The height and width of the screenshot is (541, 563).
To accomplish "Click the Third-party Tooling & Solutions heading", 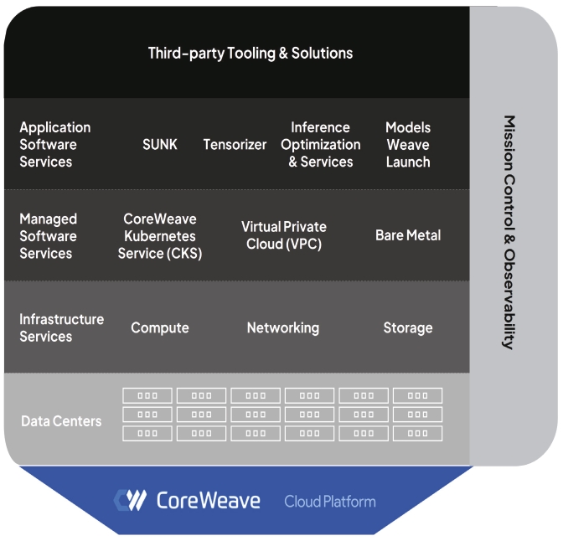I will click(251, 53).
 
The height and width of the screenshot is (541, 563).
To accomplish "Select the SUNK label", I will click(159, 144).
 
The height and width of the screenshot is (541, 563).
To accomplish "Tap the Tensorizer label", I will click(235, 144).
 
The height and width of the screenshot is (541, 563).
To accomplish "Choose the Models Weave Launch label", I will click(408, 144).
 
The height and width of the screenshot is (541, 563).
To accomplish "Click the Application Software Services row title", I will click(55, 144).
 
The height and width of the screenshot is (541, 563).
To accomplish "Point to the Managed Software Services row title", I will click(48, 235).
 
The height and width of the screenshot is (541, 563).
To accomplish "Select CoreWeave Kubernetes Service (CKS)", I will click(159, 235).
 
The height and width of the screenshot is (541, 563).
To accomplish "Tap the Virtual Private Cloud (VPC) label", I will click(284, 235).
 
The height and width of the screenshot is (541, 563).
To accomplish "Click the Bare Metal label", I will click(408, 235).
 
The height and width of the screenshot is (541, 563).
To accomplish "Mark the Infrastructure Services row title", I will click(61, 327).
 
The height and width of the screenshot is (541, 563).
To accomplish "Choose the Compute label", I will click(159, 327).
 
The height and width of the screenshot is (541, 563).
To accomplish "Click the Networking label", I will click(282, 327).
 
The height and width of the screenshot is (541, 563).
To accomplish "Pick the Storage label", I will click(408, 327).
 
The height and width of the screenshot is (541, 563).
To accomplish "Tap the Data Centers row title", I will click(61, 420).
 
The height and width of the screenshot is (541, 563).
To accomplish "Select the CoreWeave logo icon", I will click(130, 500).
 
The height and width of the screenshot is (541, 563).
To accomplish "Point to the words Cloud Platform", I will click(329, 502).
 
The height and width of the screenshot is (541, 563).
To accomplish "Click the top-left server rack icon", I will click(147, 395).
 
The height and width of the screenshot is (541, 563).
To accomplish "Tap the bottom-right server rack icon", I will click(417, 433).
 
